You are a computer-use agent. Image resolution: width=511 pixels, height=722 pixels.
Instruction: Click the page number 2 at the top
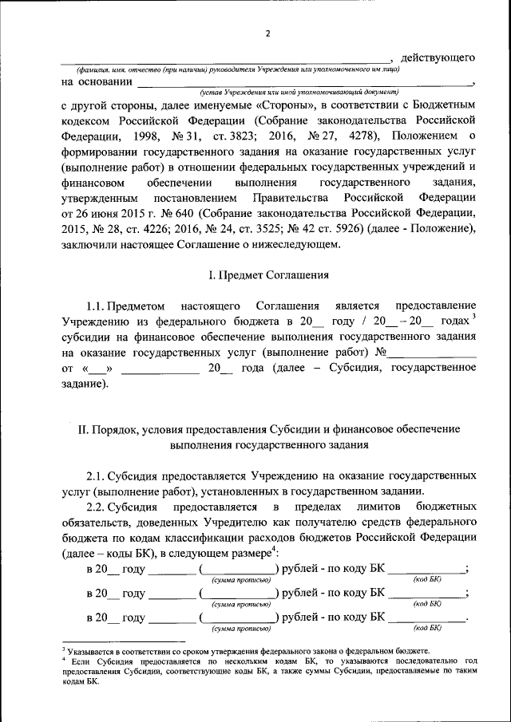coord(268,33)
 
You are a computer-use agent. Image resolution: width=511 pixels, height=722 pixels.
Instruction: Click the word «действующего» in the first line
coord(438,58)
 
